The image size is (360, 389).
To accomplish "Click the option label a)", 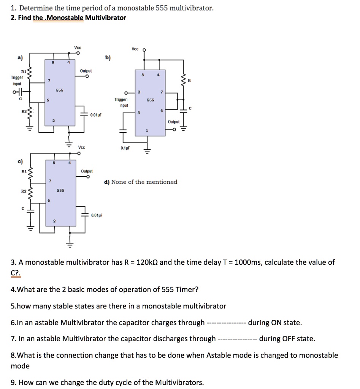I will [x=19, y=58].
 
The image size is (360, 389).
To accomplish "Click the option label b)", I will [x=108, y=58].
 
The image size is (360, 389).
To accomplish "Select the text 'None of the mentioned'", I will [x=144, y=182].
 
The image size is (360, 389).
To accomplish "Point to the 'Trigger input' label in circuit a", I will [x=17, y=80].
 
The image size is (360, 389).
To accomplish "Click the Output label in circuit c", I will [x=87, y=171].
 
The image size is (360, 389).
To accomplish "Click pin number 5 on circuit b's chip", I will [x=139, y=112].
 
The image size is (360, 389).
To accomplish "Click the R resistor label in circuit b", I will [x=195, y=81].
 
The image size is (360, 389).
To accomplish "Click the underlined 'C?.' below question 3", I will [x=16, y=273].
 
